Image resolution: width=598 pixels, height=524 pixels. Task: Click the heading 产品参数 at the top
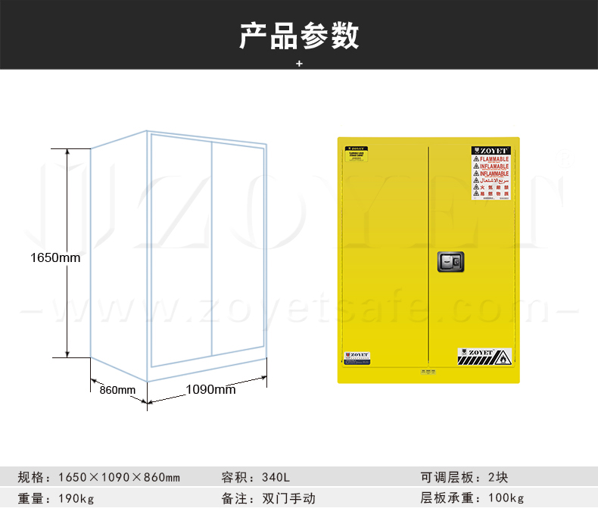pos(299,36)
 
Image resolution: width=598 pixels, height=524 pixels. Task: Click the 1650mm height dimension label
pos(55,257)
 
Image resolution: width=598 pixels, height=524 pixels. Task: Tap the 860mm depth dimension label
pos(117,390)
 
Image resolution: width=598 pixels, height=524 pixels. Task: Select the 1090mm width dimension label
pos(210,390)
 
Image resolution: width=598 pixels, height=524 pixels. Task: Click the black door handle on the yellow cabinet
pos(450,262)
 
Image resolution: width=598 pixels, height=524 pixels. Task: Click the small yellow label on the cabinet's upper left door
pos(358,156)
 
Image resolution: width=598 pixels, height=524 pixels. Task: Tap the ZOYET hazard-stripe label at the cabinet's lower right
pos(484,355)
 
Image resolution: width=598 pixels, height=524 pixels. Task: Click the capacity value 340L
pos(276,478)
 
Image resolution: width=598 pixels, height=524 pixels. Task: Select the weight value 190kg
pos(76,499)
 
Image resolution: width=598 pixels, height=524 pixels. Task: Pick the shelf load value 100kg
pos(506,499)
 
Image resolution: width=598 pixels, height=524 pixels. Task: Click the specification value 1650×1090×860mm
pos(119,478)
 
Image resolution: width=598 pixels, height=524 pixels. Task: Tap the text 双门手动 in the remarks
pos(288,499)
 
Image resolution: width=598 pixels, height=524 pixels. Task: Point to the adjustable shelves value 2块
pos(497,478)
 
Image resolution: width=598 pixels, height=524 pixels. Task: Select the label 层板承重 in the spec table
pos(446,499)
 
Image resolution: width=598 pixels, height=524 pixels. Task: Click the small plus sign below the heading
pos(299,64)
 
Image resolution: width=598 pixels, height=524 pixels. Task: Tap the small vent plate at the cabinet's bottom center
pos(428,371)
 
